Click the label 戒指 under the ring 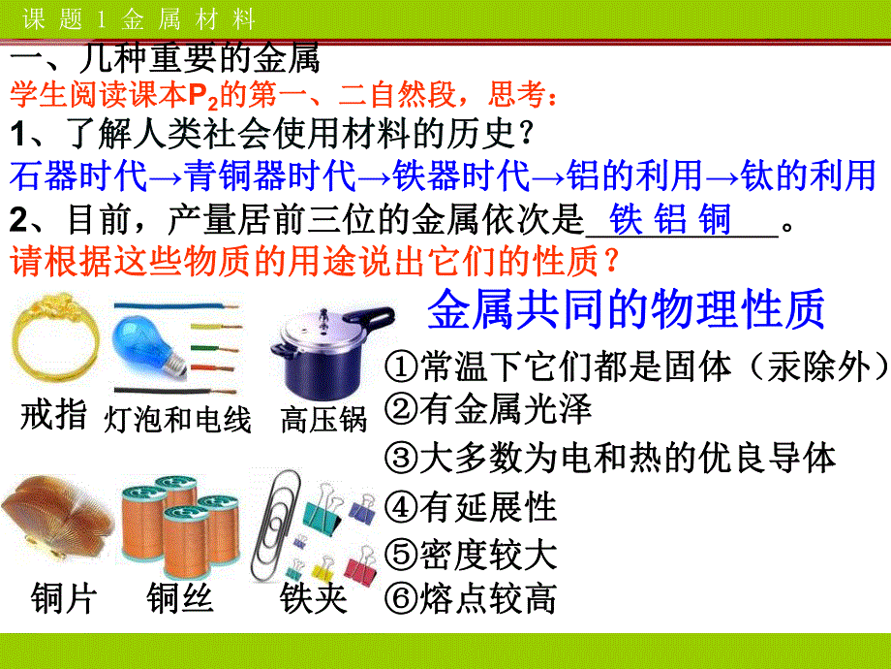click(x=53, y=417)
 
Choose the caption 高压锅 click(x=323, y=419)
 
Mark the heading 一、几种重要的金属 click(x=165, y=60)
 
